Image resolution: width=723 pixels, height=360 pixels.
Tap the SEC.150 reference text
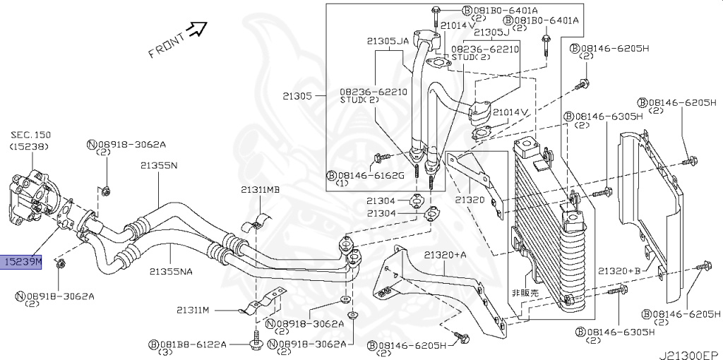(x=30, y=134)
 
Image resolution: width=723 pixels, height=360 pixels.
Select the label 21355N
(x=158, y=165)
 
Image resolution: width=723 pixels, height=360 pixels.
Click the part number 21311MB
(x=260, y=190)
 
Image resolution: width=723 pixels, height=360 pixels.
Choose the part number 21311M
(x=194, y=310)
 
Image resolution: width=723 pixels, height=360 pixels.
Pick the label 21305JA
(x=388, y=42)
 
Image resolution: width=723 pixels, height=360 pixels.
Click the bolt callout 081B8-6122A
(x=193, y=344)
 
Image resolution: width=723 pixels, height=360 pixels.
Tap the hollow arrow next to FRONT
(x=197, y=28)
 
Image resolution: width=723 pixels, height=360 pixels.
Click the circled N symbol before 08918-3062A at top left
(x=92, y=145)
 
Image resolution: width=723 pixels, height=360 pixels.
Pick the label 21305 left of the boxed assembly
(x=296, y=95)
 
